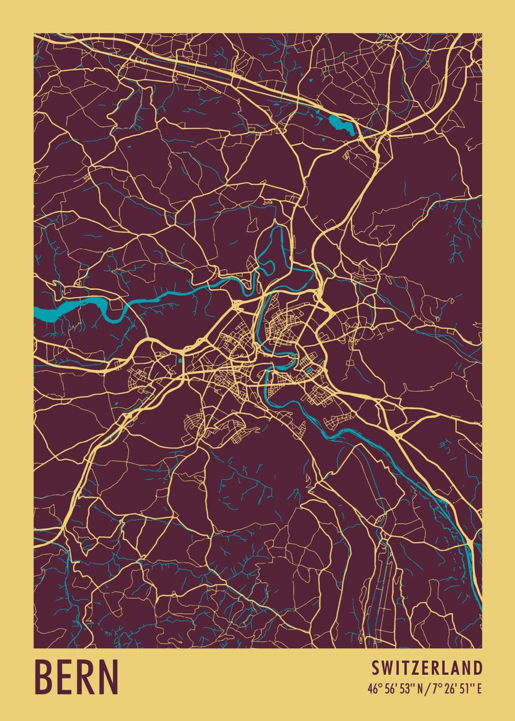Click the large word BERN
click(x=76, y=677)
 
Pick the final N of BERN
click(x=108, y=677)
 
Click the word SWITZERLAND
click(x=427, y=668)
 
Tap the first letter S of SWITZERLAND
click(x=375, y=668)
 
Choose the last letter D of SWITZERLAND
click(x=478, y=668)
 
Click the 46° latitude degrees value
click(x=374, y=689)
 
